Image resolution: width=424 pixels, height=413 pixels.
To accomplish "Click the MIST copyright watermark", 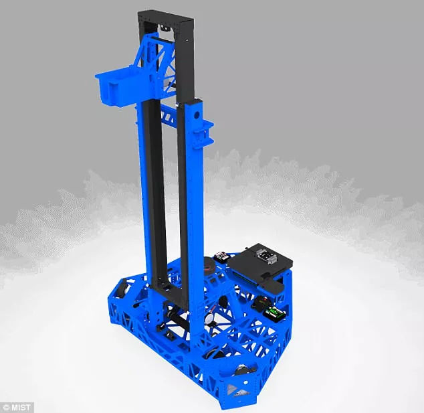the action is point(17,408).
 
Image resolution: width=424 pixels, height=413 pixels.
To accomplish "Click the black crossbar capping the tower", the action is point(165,17).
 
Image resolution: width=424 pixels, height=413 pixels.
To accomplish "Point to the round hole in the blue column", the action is point(197,114).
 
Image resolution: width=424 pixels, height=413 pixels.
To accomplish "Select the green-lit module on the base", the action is point(274,313).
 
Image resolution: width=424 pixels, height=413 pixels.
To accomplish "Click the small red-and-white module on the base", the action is point(221,256).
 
